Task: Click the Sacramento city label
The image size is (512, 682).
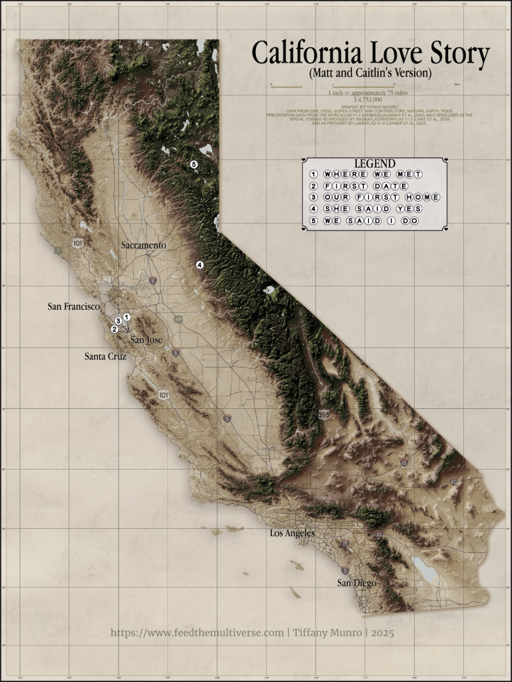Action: click(x=143, y=245)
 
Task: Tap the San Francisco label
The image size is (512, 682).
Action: click(x=73, y=307)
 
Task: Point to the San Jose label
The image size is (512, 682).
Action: click(x=146, y=340)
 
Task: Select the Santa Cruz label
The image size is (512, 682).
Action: click(x=105, y=356)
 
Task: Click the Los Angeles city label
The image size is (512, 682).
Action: click(x=291, y=533)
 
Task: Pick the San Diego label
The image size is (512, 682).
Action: click(x=356, y=583)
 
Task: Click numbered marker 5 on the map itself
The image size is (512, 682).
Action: click(x=194, y=165)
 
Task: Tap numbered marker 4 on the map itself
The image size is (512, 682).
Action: click(x=199, y=265)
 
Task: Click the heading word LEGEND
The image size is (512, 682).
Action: click(x=374, y=163)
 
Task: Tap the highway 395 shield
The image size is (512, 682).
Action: click(x=324, y=415)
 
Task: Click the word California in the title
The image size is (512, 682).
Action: click(x=310, y=54)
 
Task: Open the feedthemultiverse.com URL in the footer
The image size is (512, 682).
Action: click(x=197, y=633)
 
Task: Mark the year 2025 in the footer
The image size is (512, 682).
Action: click(x=381, y=633)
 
